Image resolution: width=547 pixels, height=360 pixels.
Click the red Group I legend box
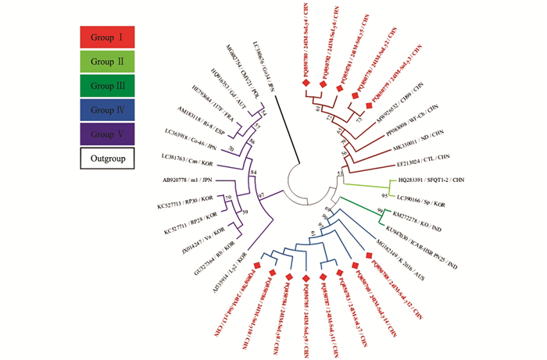click(107, 37)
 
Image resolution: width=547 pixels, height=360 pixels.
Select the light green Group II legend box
click(107, 62)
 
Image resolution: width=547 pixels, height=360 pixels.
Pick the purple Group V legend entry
click(107, 134)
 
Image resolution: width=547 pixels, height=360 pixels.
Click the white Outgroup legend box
click(107, 159)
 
